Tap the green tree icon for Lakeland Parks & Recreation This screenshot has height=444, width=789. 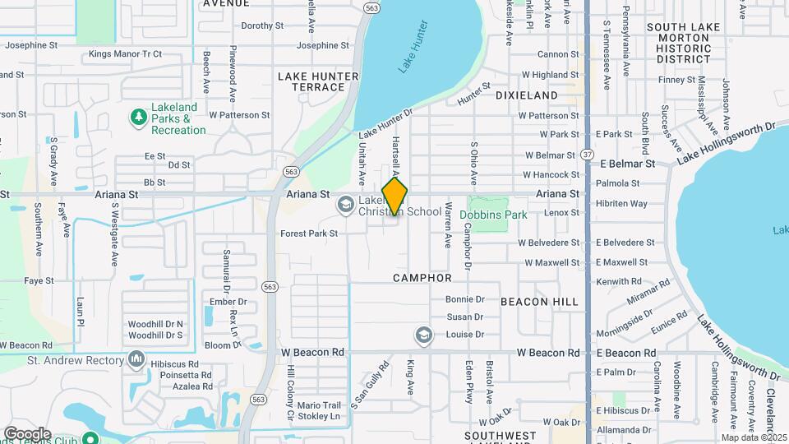(139, 118)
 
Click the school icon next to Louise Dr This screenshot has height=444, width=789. (423, 335)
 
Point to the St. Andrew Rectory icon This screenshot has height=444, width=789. (136, 359)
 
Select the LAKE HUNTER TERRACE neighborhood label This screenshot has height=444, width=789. (318, 81)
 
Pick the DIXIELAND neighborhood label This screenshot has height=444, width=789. (526, 95)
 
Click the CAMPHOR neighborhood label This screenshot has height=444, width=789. (422, 278)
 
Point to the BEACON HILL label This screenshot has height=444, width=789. (539, 302)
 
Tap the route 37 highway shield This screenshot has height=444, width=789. (586, 154)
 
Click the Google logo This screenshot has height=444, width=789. (27, 433)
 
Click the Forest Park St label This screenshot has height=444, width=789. (309, 234)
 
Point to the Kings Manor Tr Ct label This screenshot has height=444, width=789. (125, 54)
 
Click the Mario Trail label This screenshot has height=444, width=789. (318, 405)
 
